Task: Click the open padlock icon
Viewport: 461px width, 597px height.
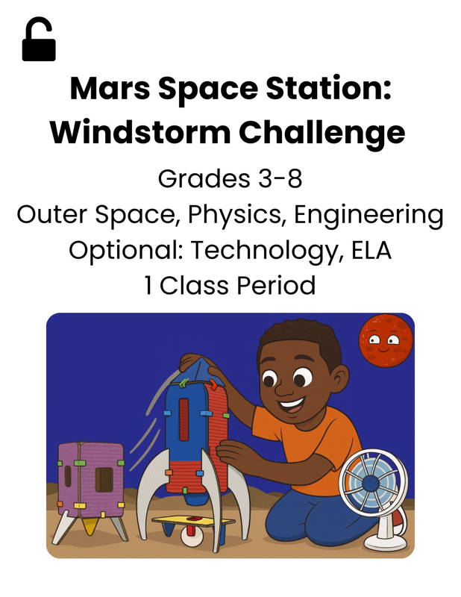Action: click(39, 42)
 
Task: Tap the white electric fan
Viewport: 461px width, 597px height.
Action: click(372, 493)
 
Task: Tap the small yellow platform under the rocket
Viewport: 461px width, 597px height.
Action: click(192, 519)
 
